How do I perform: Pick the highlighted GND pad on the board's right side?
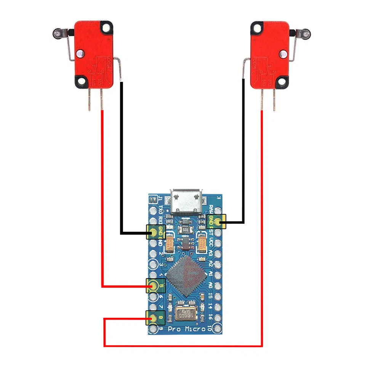click(x=218, y=221)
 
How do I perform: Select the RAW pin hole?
click(x=218, y=210)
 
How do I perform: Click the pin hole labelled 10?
click(x=218, y=327)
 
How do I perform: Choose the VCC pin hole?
click(x=218, y=242)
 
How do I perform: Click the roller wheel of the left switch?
click(x=56, y=34)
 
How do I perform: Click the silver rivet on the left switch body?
click(x=80, y=54)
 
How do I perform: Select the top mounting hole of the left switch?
click(x=106, y=27)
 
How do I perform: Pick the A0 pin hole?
click(x=218, y=285)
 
